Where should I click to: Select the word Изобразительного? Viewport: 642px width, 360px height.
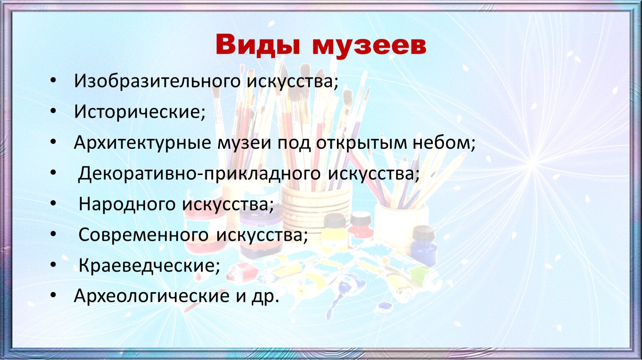point(157,81)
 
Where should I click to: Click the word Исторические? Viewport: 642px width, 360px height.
point(140,112)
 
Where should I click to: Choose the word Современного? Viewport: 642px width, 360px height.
point(143,235)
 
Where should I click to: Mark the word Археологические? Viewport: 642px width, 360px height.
point(152,296)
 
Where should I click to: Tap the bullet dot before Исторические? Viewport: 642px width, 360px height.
point(53,112)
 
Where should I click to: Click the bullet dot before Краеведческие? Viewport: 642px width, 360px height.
point(53,265)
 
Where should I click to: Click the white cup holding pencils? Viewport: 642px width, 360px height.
point(401,226)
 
